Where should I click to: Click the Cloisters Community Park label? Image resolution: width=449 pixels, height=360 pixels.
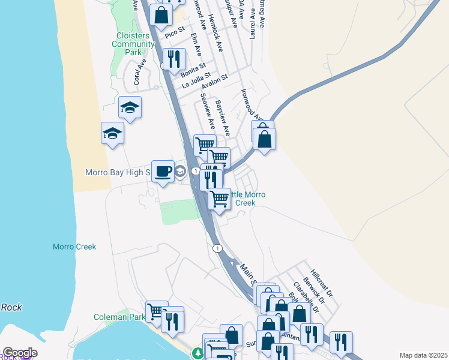click(133, 44)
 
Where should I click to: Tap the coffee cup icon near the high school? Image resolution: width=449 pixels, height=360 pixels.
click(163, 172)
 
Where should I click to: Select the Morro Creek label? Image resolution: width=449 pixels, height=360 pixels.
click(74, 247)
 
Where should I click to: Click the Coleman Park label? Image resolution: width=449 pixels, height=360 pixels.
click(119, 317)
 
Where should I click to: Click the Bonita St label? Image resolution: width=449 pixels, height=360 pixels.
click(193, 71)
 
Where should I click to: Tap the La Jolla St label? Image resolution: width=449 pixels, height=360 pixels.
click(197, 79)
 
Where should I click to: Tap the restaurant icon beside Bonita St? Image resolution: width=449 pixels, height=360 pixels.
click(173, 59)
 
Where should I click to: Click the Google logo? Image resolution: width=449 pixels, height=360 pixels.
click(20, 353)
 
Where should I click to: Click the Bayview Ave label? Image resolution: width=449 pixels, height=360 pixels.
click(223, 117)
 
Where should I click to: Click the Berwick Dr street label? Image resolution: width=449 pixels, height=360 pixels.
click(313, 289)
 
